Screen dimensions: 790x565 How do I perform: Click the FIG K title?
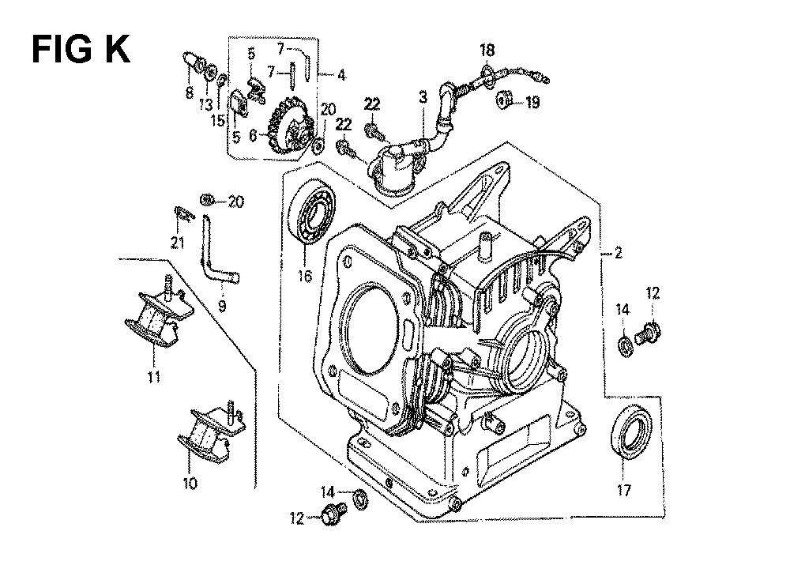click(81, 50)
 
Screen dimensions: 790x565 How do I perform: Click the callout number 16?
click(305, 276)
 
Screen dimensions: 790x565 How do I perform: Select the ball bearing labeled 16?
click(310, 213)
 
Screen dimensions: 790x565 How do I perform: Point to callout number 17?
click(624, 490)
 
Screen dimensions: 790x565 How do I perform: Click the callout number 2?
click(619, 253)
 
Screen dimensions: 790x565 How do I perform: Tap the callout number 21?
click(177, 243)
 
